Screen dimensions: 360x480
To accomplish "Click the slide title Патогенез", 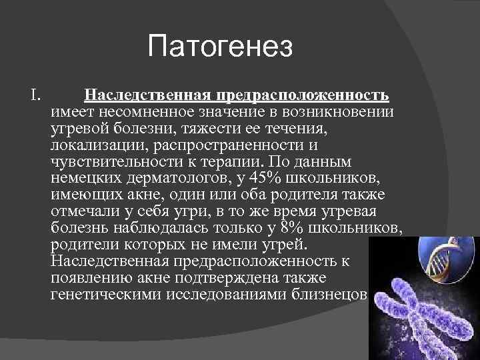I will click(220, 47).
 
